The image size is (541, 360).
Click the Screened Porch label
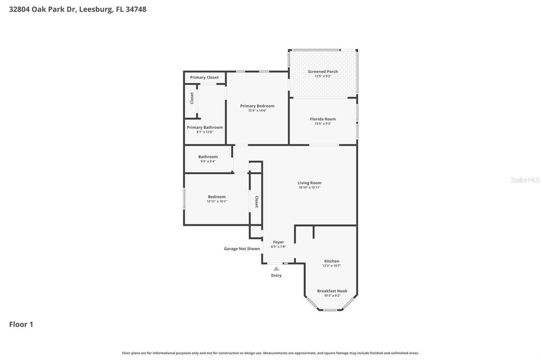point(323,71)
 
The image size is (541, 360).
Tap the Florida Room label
point(323,119)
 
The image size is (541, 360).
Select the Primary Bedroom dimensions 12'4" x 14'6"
point(257,110)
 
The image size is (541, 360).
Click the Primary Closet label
point(204,77)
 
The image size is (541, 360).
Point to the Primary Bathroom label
point(205,127)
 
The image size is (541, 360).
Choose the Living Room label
point(310,183)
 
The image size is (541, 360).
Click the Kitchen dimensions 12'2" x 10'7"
point(332,266)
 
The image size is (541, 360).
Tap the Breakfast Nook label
point(332,291)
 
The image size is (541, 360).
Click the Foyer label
point(278,242)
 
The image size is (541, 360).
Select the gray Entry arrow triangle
point(276,269)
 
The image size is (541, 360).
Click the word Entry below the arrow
point(276,275)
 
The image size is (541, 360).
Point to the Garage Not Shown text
point(242,249)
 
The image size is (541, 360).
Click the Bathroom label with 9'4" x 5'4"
point(208,157)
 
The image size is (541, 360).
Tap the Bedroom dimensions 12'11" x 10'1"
point(217,201)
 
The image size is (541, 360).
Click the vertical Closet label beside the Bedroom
point(257,202)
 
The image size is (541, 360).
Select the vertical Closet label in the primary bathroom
point(192,98)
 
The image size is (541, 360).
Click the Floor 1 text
point(21,324)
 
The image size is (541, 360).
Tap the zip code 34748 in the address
point(136,9)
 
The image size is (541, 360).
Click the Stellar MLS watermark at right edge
point(525,180)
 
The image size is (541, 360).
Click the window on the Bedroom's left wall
point(184,199)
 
